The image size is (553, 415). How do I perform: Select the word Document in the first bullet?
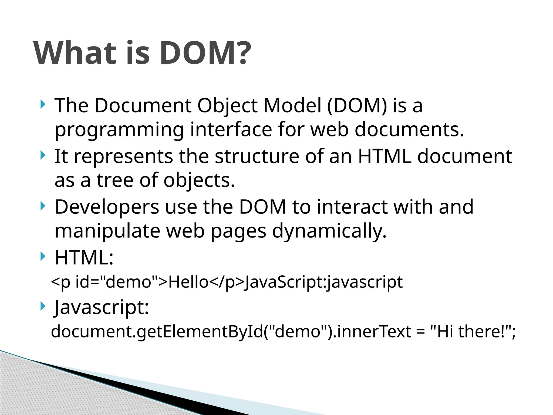(x=143, y=105)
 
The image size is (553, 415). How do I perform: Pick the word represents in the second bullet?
(x=123, y=157)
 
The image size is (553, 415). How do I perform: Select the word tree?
(x=115, y=180)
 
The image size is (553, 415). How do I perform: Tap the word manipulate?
(x=107, y=231)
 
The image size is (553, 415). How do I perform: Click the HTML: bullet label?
(x=84, y=257)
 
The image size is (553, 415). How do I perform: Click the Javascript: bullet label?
(x=101, y=307)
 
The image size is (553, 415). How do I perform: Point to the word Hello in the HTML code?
(x=188, y=282)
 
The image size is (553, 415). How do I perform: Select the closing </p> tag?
(x=227, y=282)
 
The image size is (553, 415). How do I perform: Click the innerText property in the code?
(x=374, y=332)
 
